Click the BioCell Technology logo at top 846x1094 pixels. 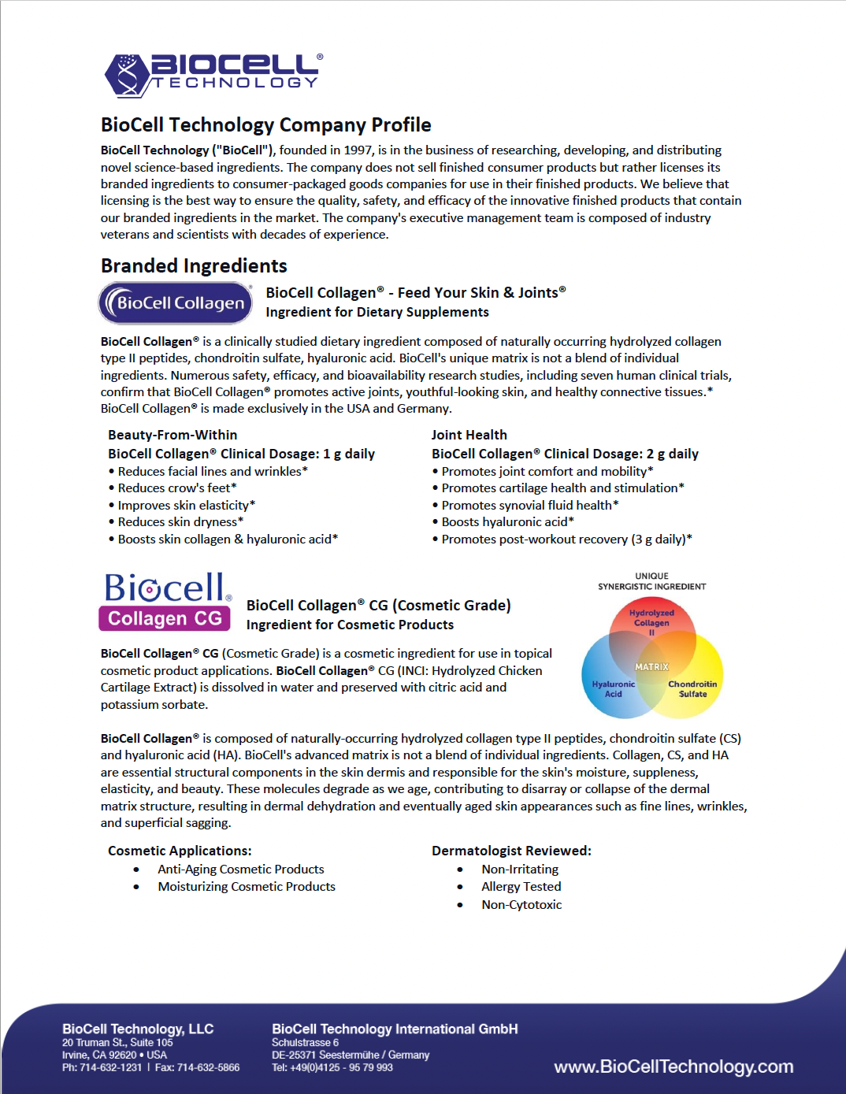(213, 74)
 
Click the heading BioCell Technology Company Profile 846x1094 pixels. (265, 125)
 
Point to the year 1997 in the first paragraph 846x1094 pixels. (357, 150)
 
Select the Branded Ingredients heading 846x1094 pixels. (194, 266)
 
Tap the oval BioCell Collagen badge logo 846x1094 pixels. (175, 303)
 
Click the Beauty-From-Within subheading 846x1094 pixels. (173, 435)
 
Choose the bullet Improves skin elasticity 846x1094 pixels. (186, 506)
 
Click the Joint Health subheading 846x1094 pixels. (469, 435)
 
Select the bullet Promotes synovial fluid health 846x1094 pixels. (529, 506)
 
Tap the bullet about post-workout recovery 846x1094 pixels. (566, 540)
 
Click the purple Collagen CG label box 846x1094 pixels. (165, 618)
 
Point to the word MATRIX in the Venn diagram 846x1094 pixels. (651, 667)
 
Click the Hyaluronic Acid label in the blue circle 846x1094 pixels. (613, 689)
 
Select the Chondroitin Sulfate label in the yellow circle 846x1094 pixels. (692, 689)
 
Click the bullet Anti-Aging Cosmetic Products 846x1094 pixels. (240, 870)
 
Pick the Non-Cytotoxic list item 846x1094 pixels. (521, 905)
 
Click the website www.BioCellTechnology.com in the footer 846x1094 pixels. (673, 1067)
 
